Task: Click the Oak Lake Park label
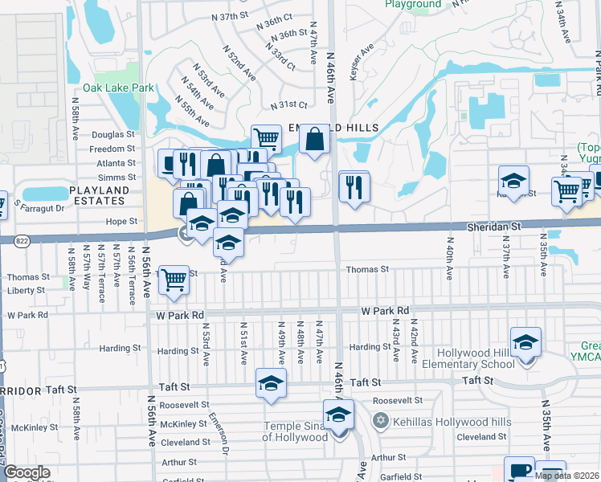click(114, 88)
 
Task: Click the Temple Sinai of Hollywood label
click(296, 431)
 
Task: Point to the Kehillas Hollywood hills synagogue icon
click(382, 420)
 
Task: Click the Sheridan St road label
click(493, 228)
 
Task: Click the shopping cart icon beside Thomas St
click(174, 280)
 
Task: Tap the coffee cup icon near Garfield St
click(519, 469)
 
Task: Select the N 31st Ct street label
click(289, 105)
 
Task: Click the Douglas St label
click(113, 135)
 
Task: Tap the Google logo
click(27, 473)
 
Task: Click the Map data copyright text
click(566, 476)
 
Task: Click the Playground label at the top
click(412, 5)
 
